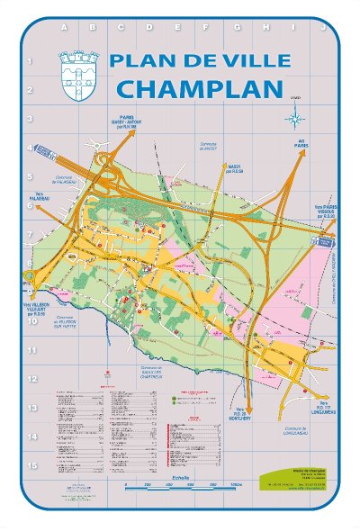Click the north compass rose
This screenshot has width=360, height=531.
[x=295, y=117]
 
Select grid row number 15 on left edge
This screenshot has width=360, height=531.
[x=31, y=465]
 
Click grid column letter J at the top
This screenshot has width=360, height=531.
[x=321, y=28]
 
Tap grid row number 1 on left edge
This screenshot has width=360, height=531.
[x=31, y=61]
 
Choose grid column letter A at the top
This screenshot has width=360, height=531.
[x=64, y=28]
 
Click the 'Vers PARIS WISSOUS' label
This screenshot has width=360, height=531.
[x=324, y=210]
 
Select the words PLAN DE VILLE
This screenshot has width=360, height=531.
[x=199, y=61]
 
